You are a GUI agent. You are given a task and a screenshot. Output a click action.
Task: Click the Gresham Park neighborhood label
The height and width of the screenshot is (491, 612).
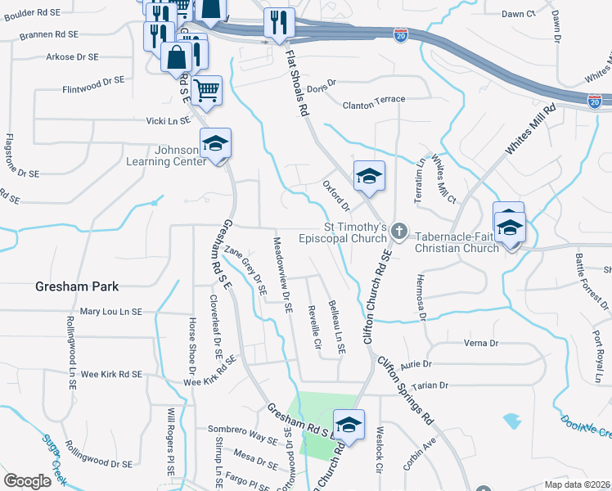coord(77,286)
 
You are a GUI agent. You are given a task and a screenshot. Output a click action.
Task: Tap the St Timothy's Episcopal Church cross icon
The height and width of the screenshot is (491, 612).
coord(398,232)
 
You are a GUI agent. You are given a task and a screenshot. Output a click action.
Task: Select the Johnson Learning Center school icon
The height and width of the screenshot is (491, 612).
coord(216,144)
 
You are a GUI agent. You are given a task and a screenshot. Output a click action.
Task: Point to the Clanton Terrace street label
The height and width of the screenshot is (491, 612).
coord(374,99)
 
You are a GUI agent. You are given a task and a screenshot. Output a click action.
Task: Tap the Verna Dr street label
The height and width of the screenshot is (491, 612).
coord(481,343)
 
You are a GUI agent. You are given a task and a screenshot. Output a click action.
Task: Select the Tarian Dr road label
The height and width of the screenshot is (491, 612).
coord(433,385)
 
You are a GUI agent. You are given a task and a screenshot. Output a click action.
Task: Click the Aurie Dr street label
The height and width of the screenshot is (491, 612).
coord(416,363)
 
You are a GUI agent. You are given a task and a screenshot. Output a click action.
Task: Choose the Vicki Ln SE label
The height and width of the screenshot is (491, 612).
coord(167,120)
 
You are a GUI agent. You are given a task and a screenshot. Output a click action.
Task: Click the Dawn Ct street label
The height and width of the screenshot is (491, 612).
coord(518,14)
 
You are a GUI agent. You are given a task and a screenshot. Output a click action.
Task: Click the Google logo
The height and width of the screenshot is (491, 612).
coord(28,481)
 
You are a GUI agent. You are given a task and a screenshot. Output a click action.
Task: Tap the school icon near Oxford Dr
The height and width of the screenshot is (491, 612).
coord(368,176)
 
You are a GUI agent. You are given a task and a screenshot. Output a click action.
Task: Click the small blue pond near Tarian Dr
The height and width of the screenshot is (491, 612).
coord(513,421)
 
